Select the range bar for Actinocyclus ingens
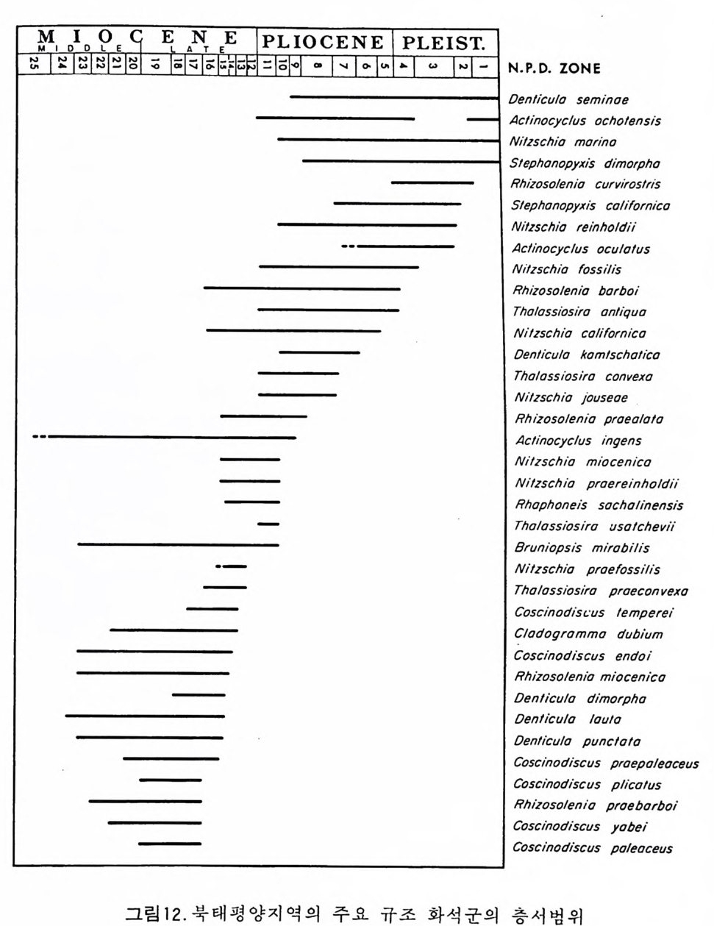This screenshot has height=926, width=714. pos(169,438)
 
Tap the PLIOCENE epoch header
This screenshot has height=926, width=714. pos(324,42)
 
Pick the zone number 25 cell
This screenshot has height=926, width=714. pos(33,64)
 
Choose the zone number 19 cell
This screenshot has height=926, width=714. pos(155,64)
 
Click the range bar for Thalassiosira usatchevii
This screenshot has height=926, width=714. pos(268,524)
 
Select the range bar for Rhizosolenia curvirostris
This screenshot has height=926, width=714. pos(432,182)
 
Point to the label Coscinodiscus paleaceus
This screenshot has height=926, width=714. pos(592,848)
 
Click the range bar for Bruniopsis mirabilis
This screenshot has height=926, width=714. pos(178,545)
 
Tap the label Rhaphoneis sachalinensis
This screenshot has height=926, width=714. pos(599,505)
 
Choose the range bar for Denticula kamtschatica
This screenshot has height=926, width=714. pos(319,352)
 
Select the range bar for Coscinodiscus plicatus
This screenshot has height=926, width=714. pos(170,780)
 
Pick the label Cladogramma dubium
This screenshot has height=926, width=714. pos(588,634)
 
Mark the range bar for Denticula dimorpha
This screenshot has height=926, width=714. pos(199,694)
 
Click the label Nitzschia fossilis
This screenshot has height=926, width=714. pos(567,269)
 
